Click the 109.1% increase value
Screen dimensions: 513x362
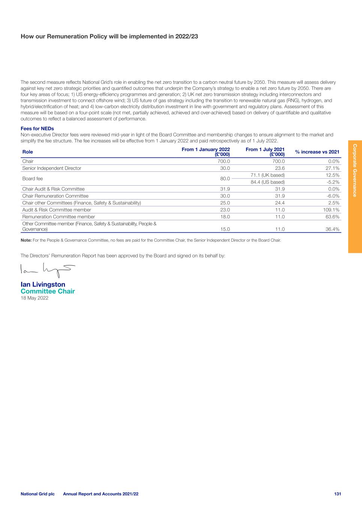(331, 210)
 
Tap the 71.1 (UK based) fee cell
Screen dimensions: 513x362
(267, 175)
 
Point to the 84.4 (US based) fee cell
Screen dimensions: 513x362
(267, 182)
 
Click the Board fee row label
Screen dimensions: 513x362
(32, 179)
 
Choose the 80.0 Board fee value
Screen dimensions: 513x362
(225, 179)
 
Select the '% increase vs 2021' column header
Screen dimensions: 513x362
(317, 152)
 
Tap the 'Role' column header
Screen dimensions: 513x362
(28, 152)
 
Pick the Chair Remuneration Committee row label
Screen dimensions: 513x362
(55, 196)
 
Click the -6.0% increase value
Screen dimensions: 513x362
(333, 196)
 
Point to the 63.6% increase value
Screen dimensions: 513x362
(333, 217)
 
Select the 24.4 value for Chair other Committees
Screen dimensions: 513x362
(279, 203)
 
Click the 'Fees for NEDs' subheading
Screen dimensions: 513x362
(37, 129)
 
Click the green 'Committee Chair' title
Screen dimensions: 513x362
(48, 291)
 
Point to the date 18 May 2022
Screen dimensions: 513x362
(34, 298)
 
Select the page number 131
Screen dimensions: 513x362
(337, 494)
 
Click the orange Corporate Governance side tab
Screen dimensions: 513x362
(355, 197)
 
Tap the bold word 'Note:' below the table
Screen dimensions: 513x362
(26, 240)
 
